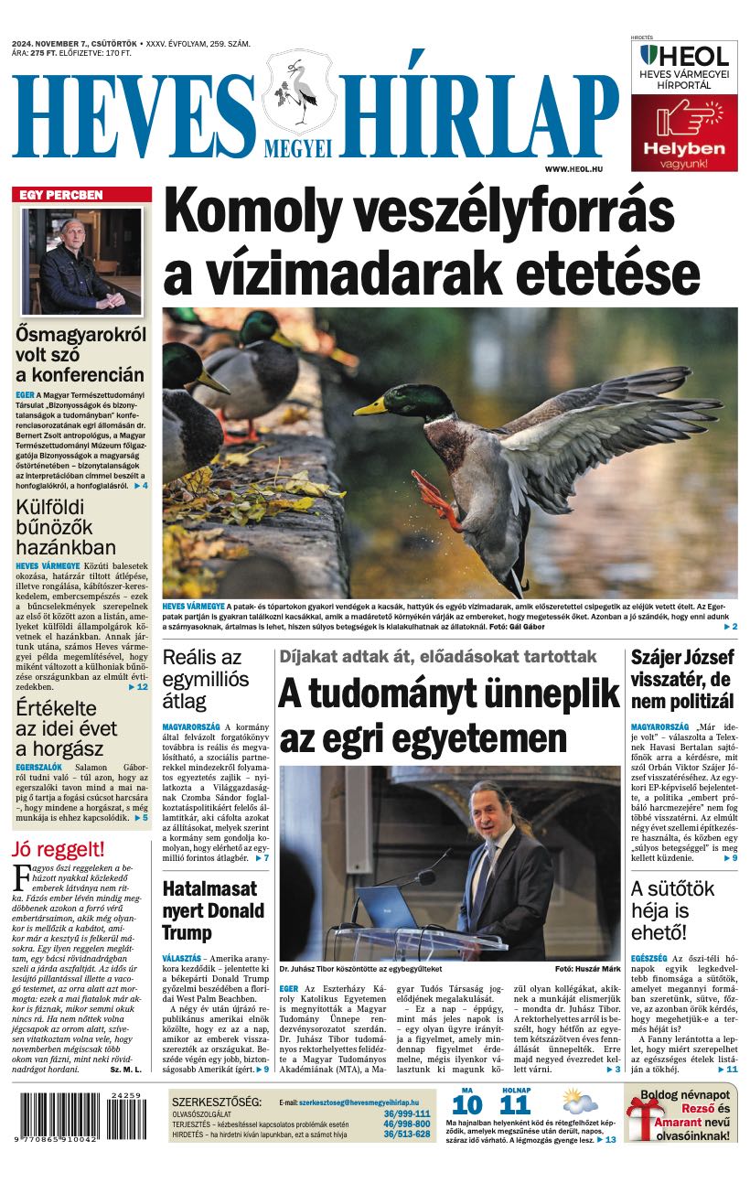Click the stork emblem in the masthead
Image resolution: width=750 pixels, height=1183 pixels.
pos(298,92)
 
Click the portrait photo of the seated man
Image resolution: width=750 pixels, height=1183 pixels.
pos(81,261)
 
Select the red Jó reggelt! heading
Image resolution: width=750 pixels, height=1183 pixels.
pos(59,848)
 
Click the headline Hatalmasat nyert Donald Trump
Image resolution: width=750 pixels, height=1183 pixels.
pos(211,909)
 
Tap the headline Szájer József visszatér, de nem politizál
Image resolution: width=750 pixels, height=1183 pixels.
pos(682,678)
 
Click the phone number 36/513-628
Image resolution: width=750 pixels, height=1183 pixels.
pos(407,1134)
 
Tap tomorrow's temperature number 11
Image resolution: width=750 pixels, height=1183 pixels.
pos(515,1103)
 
